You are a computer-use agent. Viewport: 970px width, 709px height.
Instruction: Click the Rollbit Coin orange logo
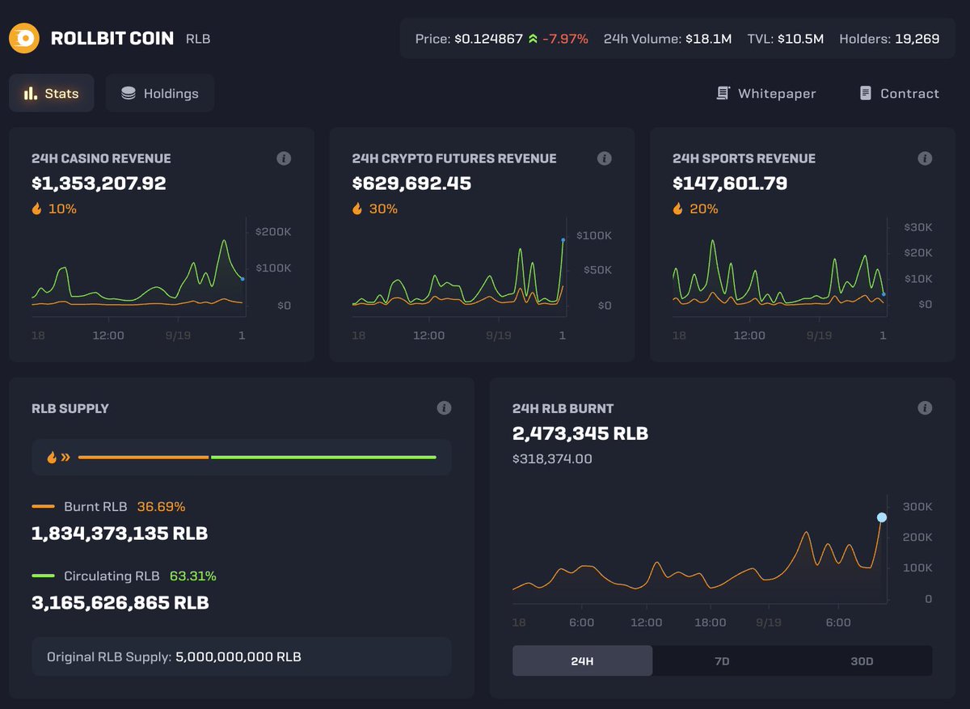click(24, 38)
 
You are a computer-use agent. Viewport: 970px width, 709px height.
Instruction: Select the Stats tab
click(52, 94)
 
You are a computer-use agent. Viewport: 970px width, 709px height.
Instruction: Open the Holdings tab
click(160, 94)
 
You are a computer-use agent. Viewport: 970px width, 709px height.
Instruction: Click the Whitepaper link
click(766, 94)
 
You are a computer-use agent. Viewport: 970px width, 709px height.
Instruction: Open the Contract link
click(899, 94)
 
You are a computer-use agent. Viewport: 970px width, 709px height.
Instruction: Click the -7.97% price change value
click(565, 39)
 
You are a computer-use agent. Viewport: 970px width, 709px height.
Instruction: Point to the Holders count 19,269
click(917, 39)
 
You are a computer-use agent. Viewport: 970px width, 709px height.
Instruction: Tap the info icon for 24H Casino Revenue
click(284, 158)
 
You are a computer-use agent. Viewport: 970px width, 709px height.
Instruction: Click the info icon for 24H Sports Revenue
click(925, 158)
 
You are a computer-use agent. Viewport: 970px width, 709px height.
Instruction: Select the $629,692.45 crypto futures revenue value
click(411, 184)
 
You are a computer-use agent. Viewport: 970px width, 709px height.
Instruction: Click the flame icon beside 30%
click(358, 209)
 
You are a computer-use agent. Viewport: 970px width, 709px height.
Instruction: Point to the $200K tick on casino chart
click(273, 231)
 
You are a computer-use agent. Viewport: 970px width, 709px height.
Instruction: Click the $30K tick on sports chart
click(918, 227)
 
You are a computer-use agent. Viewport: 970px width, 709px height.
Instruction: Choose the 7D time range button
click(722, 660)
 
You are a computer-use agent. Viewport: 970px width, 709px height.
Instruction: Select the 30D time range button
click(862, 660)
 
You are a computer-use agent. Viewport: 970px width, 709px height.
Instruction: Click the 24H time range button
click(582, 660)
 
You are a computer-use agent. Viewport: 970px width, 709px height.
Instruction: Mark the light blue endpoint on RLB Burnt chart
click(882, 517)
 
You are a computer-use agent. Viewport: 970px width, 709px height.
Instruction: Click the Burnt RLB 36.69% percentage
click(161, 507)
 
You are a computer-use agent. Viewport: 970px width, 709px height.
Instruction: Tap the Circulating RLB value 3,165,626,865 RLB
click(120, 603)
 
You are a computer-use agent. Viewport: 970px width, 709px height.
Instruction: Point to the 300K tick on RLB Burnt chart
click(917, 507)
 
